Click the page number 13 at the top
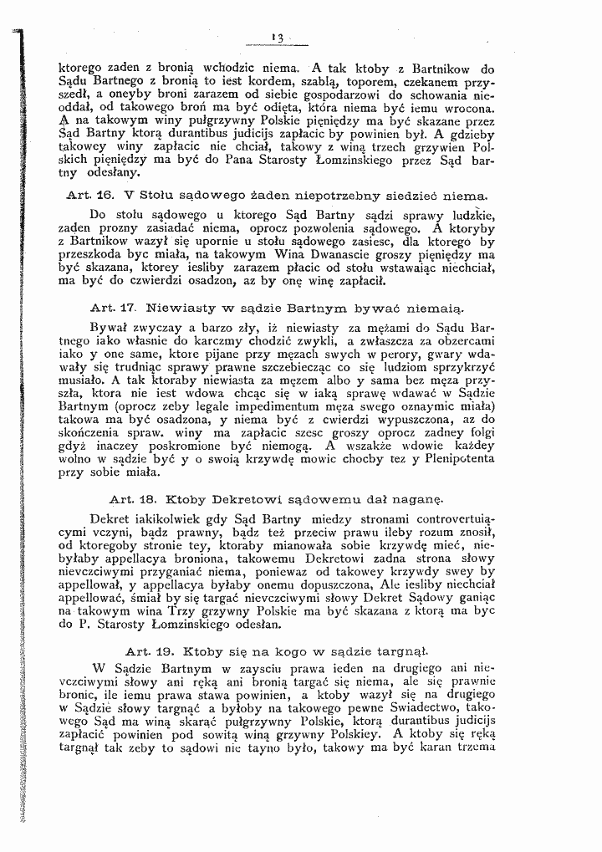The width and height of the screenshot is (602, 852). (279, 36)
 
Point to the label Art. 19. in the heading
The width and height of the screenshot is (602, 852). (145, 650)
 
